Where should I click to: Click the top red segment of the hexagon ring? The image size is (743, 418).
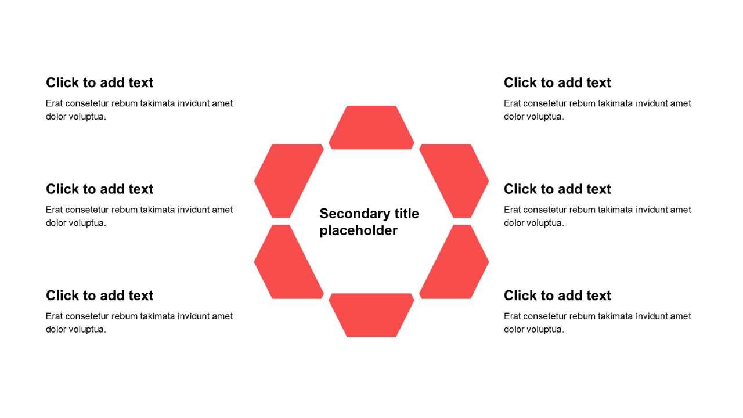(x=371, y=128)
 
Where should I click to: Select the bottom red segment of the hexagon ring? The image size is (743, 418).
(x=371, y=315)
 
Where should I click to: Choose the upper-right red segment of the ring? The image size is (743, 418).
(x=454, y=181)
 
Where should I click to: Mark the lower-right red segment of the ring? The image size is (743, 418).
(x=454, y=262)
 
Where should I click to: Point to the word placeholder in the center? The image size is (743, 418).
(x=359, y=230)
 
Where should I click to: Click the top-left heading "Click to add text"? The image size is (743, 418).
(x=99, y=82)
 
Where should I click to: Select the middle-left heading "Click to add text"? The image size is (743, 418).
(x=99, y=189)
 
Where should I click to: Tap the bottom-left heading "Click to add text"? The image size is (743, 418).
(x=99, y=296)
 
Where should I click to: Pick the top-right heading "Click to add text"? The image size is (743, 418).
(x=557, y=82)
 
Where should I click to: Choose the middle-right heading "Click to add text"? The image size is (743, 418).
(x=557, y=189)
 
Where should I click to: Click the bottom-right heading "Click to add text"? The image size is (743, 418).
(x=557, y=296)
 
